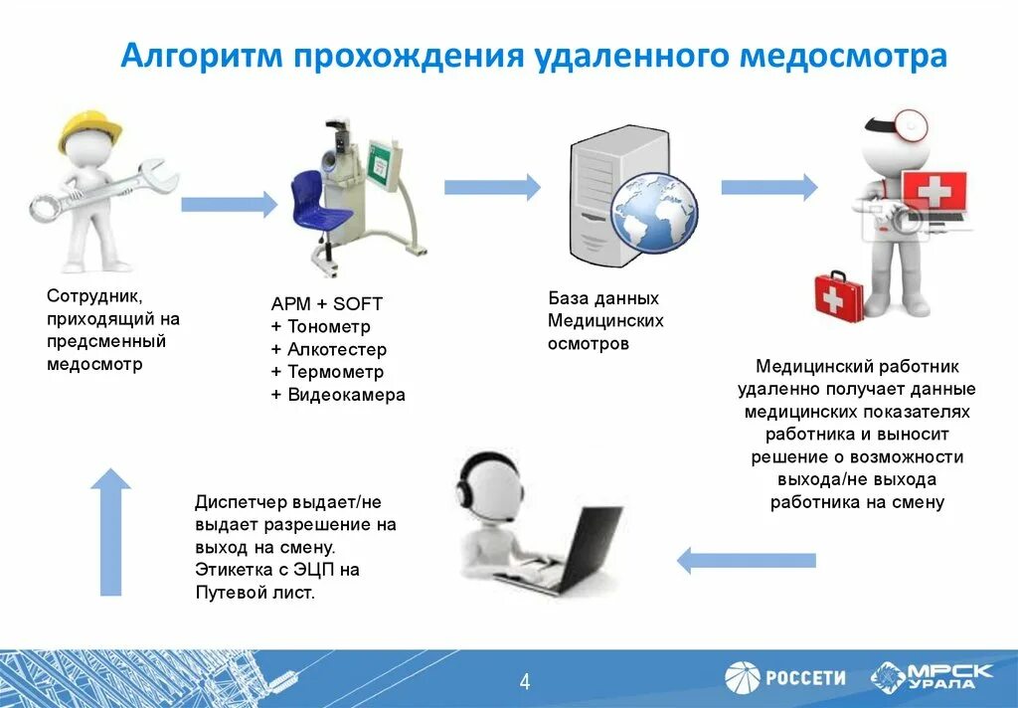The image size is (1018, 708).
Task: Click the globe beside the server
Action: [653, 212]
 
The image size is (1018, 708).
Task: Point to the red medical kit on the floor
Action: [839, 292]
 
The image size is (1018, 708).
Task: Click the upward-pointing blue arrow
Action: [110, 531]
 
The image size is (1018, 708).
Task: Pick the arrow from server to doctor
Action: [768, 187]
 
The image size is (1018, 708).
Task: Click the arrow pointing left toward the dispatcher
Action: [746, 560]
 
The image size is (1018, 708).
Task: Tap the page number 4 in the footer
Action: [525, 682]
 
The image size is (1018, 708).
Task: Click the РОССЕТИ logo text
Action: [805, 678]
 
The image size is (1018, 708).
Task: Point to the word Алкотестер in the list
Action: [337, 350]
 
